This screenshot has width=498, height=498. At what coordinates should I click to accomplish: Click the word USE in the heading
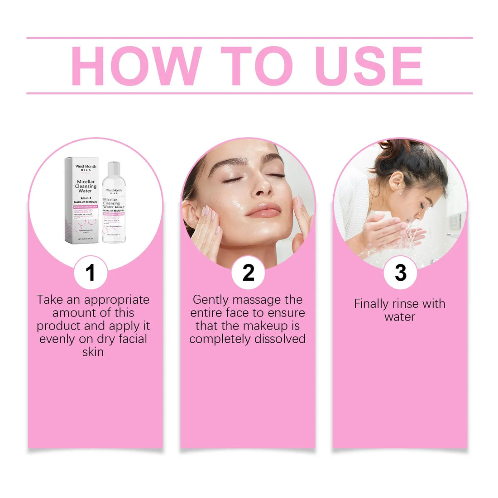(369, 66)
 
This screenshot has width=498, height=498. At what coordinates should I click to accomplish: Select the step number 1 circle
(91, 273)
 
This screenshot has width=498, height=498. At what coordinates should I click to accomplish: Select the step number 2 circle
(248, 273)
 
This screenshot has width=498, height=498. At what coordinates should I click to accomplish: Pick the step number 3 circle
(400, 273)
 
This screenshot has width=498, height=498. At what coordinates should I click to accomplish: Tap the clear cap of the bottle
(113, 169)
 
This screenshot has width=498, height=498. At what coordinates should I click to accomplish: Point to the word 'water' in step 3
(400, 317)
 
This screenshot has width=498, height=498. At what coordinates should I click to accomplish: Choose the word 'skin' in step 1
(93, 352)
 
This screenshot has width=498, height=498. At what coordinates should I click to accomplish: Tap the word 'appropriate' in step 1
(117, 300)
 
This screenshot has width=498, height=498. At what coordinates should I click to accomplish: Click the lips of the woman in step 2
(263, 211)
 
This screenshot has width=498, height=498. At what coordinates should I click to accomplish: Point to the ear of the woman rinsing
(397, 181)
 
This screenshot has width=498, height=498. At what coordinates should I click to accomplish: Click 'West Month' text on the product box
(86, 167)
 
